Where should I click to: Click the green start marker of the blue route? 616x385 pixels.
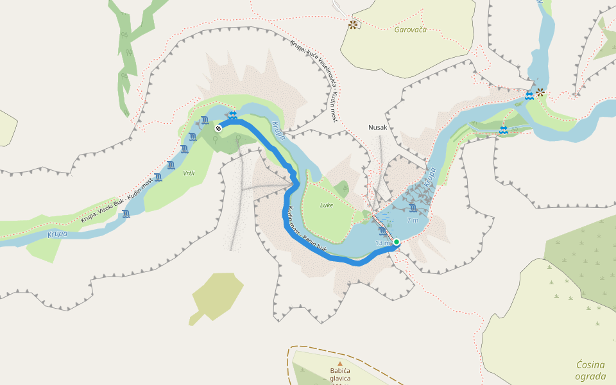[x=397, y=242]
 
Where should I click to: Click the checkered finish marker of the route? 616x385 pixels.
[x=218, y=128]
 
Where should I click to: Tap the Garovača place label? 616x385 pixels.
[x=411, y=30]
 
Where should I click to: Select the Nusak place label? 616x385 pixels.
[x=377, y=127]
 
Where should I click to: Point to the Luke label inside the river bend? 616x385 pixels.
[x=328, y=206]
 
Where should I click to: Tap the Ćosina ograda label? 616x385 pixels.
[x=590, y=370]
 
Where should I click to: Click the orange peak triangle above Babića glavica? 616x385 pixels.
[x=340, y=364]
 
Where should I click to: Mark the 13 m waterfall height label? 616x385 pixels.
[x=382, y=243]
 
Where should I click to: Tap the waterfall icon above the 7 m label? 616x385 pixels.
[x=413, y=209]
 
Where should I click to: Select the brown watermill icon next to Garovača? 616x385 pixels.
[x=352, y=25]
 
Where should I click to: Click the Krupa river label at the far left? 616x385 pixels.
[x=58, y=234]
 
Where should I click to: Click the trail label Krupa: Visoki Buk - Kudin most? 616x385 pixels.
[x=117, y=201]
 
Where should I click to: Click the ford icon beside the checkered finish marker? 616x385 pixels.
[x=232, y=116]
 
